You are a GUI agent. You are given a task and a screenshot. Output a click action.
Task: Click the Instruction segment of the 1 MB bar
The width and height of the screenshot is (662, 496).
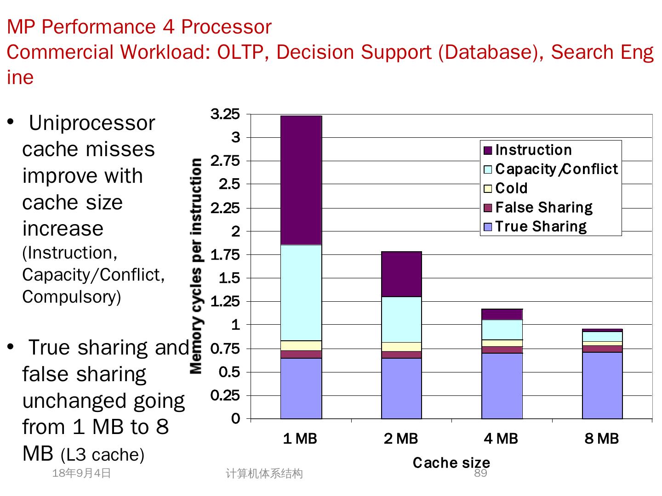[301, 180]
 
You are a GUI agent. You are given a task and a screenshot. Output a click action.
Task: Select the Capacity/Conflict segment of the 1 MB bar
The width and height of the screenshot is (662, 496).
[301, 293]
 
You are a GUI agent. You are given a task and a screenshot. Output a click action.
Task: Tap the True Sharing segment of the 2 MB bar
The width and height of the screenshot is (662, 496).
[401, 388]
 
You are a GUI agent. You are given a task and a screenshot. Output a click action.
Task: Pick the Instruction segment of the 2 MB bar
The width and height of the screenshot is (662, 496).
[401, 274]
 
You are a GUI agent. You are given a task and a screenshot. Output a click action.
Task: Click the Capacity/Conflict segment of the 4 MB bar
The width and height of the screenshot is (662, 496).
[502, 329]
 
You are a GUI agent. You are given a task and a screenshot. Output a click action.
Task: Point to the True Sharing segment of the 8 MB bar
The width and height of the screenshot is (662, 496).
[602, 385]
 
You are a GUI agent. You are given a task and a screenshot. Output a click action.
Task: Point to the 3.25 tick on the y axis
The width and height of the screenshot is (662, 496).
[225, 114]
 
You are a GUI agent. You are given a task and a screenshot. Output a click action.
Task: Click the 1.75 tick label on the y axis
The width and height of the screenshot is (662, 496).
[225, 255]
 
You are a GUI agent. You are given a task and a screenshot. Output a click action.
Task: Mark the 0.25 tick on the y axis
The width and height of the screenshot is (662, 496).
[225, 395]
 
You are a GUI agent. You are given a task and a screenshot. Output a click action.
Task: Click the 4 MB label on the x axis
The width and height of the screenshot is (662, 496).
[501, 439]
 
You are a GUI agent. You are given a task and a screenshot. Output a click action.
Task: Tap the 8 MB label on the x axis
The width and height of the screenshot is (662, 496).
[602, 439]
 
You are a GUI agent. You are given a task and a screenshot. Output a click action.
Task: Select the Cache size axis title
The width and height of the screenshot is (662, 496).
[451, 462]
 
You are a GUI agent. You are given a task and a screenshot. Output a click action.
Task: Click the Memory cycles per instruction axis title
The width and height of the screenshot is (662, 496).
[196, 266]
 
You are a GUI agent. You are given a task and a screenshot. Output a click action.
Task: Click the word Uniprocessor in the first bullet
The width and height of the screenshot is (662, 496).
[92, 123]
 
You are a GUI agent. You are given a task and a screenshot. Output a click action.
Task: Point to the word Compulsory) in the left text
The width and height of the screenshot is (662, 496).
[72, 297]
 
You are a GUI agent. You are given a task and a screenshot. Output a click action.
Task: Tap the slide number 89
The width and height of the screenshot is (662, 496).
[480, 473]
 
